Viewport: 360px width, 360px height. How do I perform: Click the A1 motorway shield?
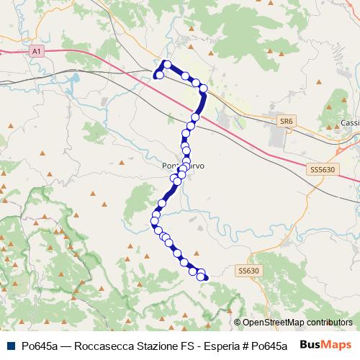37,51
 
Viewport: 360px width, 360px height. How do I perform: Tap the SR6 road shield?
287,122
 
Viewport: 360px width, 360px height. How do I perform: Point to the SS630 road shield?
248,271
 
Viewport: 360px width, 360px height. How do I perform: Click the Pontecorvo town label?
183,166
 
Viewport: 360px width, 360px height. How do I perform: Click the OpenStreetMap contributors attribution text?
297,323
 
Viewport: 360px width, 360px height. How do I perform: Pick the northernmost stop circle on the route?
167,65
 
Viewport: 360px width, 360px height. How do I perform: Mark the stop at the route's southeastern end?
202,276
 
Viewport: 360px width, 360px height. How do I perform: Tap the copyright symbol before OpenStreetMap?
238,323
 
